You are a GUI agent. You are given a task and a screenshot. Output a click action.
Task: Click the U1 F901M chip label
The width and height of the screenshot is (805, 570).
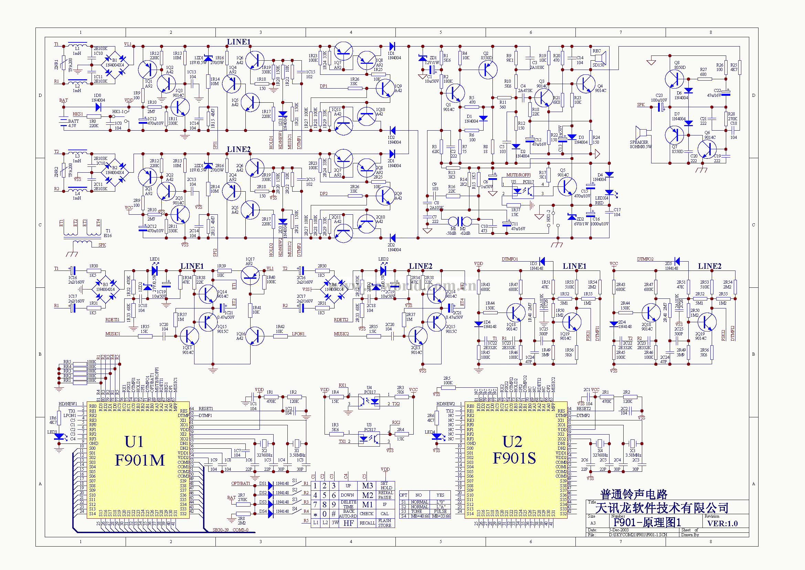tap(139, 451)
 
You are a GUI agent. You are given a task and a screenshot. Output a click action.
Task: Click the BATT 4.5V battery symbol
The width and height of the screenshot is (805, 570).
tap(63, 121)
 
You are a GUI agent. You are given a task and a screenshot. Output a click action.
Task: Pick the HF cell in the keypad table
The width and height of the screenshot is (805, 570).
tap(348, 523)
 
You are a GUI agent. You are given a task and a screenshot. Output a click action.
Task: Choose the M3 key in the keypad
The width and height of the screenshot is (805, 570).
tap(368, 486)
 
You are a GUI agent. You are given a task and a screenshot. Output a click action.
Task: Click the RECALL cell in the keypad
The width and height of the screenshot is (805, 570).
tap(367, 523)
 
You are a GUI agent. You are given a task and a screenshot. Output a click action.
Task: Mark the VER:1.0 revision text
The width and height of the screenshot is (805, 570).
tap(722, 523)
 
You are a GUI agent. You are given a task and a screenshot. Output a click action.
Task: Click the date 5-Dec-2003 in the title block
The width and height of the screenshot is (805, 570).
tap(618, 530)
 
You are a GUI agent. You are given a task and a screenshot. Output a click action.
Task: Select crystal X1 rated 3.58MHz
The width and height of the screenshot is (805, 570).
tap(297, 443)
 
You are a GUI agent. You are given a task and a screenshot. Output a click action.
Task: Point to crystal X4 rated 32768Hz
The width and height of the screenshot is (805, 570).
tap(600, 443)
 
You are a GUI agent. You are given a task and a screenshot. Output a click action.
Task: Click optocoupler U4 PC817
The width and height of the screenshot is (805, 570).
tap(369, 401)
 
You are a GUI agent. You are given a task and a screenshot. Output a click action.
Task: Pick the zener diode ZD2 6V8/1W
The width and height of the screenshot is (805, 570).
tap(572, 216)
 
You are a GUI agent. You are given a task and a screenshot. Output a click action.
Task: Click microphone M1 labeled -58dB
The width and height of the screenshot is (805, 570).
tap(453, 222)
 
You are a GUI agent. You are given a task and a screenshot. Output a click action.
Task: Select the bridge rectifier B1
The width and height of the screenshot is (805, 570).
tap(115, 64)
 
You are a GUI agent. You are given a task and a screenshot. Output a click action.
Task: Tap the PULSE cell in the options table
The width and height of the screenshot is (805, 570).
tap(441, 511)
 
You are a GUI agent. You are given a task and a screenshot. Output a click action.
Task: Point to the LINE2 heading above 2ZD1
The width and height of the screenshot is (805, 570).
tap(239, 149)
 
